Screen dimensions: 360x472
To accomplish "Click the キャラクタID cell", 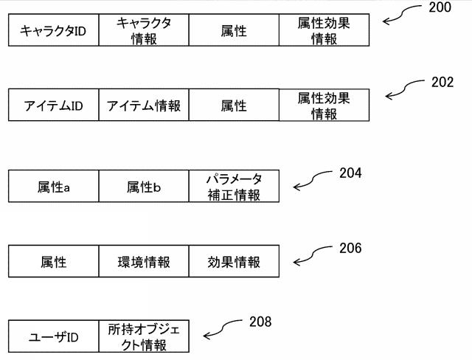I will pyautogui.click(x=53, y=30).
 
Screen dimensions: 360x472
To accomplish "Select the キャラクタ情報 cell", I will pyautogui.click(x=143, y=30).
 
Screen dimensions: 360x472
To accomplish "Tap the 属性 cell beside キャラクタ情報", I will pyautogui.click(x=233, y=30).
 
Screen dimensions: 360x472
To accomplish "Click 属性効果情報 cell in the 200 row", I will pyautogui.click(x=323, y=30).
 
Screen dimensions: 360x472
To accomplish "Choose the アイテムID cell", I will pyautogui.click(x=53, y=105).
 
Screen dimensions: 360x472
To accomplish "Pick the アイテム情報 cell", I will pyautogui.click(x=143, y=105).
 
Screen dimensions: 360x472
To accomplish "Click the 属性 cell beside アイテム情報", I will pyautogui.click(x=233, y=105).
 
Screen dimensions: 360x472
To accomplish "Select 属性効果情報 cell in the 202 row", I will pyautogui.click(x=323, y=105).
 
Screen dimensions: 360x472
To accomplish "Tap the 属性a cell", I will pyautogui.click(x=53, y=187).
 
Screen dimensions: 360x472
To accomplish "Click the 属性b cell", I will pyautogui.click(x=143, y=187).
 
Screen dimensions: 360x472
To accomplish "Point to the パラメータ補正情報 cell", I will pyautogui.click(x=233, y=187).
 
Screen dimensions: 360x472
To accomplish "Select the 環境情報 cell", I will pyautogui.click(x=143, y=262).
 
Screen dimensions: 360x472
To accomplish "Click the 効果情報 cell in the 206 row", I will pyautogui.click(x=233, y=262).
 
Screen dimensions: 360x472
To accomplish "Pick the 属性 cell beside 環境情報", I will pyautogui.click(x=53, y=262).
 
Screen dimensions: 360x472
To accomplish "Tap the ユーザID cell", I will pyautogui.click(x=53, y=337).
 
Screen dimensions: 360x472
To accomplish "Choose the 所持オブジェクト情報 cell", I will pyautogui.click(x=143, y=337).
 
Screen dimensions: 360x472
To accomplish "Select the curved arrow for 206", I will pyautogui.click(x=313, y=255).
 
